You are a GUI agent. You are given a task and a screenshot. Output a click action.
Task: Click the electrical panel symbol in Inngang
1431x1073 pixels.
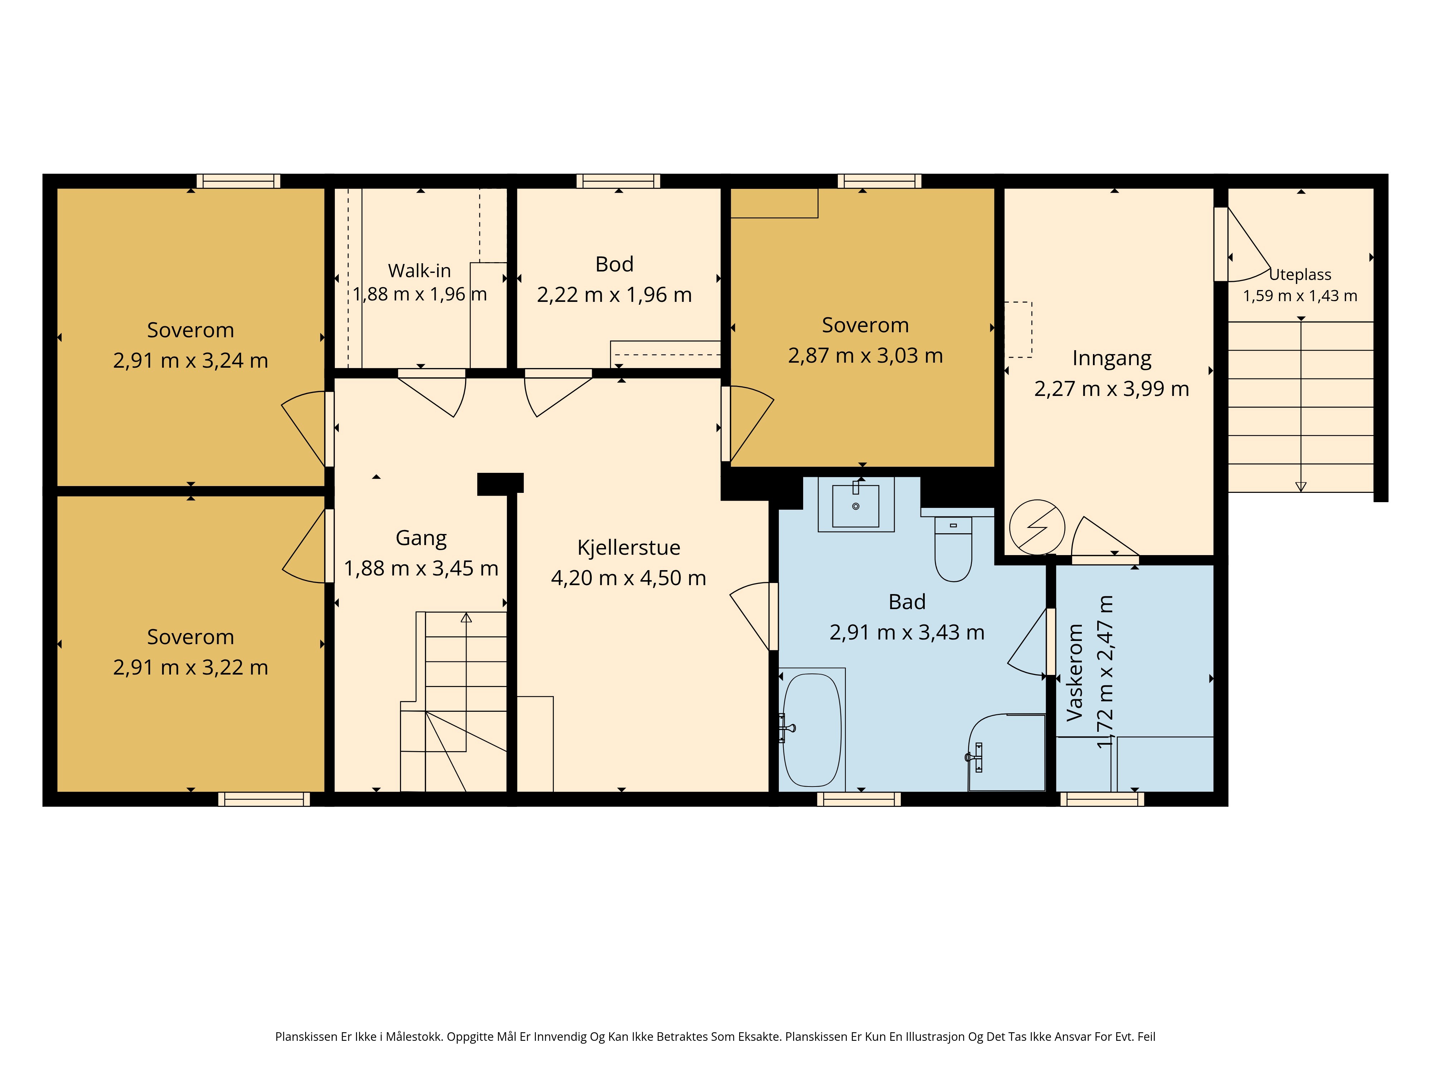[x=1037, y=527]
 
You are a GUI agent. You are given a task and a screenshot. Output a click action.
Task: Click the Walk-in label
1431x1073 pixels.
[x=419, y=270]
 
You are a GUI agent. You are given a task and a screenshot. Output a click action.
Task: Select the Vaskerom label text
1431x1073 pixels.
[x=1075, y=673]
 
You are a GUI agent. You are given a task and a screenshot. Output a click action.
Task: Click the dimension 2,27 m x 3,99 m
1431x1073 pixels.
[x=1112, y=389]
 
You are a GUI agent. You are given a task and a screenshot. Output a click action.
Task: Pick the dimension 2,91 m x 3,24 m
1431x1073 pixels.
[x=191, y=360]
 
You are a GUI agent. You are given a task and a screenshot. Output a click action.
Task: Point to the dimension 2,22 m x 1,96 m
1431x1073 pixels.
[x=615, y=295]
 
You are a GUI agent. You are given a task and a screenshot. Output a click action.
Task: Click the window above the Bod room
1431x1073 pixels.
[x=619, y=181]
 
